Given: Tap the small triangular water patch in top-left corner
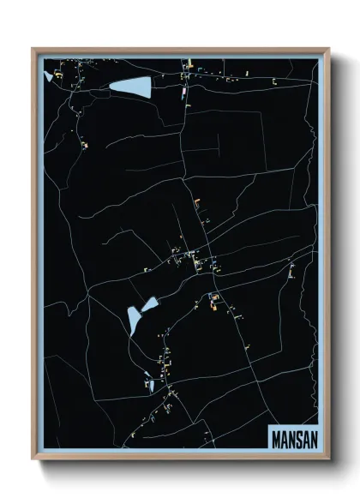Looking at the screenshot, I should [x=47, y=76].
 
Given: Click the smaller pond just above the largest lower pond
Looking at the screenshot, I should [x=150, y=303].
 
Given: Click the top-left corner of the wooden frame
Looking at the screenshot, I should [x=33, y=49].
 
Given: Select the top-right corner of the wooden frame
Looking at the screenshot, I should [x=328, y=49].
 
